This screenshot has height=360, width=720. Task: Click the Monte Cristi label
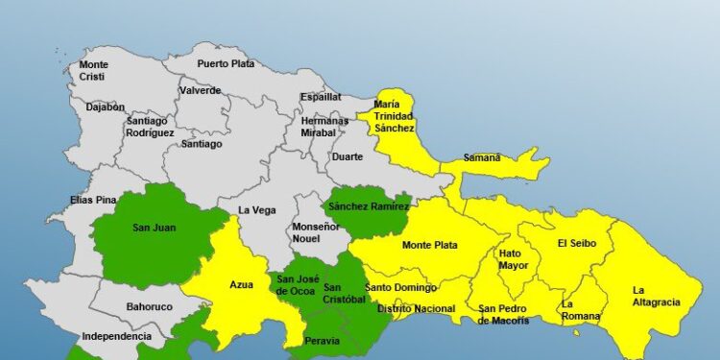[93, 70]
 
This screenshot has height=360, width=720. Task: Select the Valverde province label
[200, 91]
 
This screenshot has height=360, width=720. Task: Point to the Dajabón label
[105, 108]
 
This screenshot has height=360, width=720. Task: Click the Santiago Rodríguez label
[150, 127]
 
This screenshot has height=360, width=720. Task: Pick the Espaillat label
[320, 97]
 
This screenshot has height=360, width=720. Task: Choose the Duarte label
[348, 156]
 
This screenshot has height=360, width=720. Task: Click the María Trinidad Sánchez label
[395, 116]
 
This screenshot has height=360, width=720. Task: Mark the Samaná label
[482, 157]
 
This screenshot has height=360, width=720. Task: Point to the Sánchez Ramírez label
[369, 206]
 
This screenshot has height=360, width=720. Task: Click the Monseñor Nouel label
[316, 232]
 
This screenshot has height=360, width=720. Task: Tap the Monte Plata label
[429, 245]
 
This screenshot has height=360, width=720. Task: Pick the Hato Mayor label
[513, 259]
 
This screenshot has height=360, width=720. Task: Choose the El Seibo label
[577, 244]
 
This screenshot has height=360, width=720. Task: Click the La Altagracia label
[656, 296]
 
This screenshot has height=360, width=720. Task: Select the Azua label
[241, 285]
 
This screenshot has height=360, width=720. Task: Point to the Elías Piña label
[93, 200]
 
